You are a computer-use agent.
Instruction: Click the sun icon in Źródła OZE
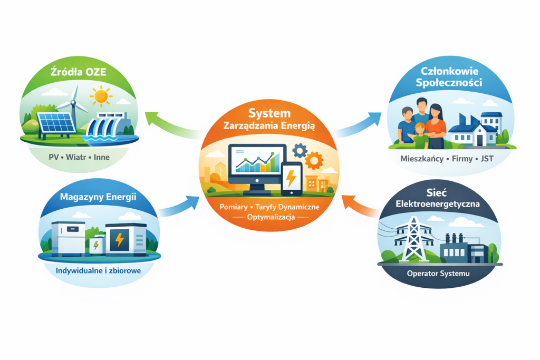tap(101, 96)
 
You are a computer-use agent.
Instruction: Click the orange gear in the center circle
tap(314, 160)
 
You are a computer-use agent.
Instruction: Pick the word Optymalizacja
tap(269, 217)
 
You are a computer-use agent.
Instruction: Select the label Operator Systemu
tap(438, 274)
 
